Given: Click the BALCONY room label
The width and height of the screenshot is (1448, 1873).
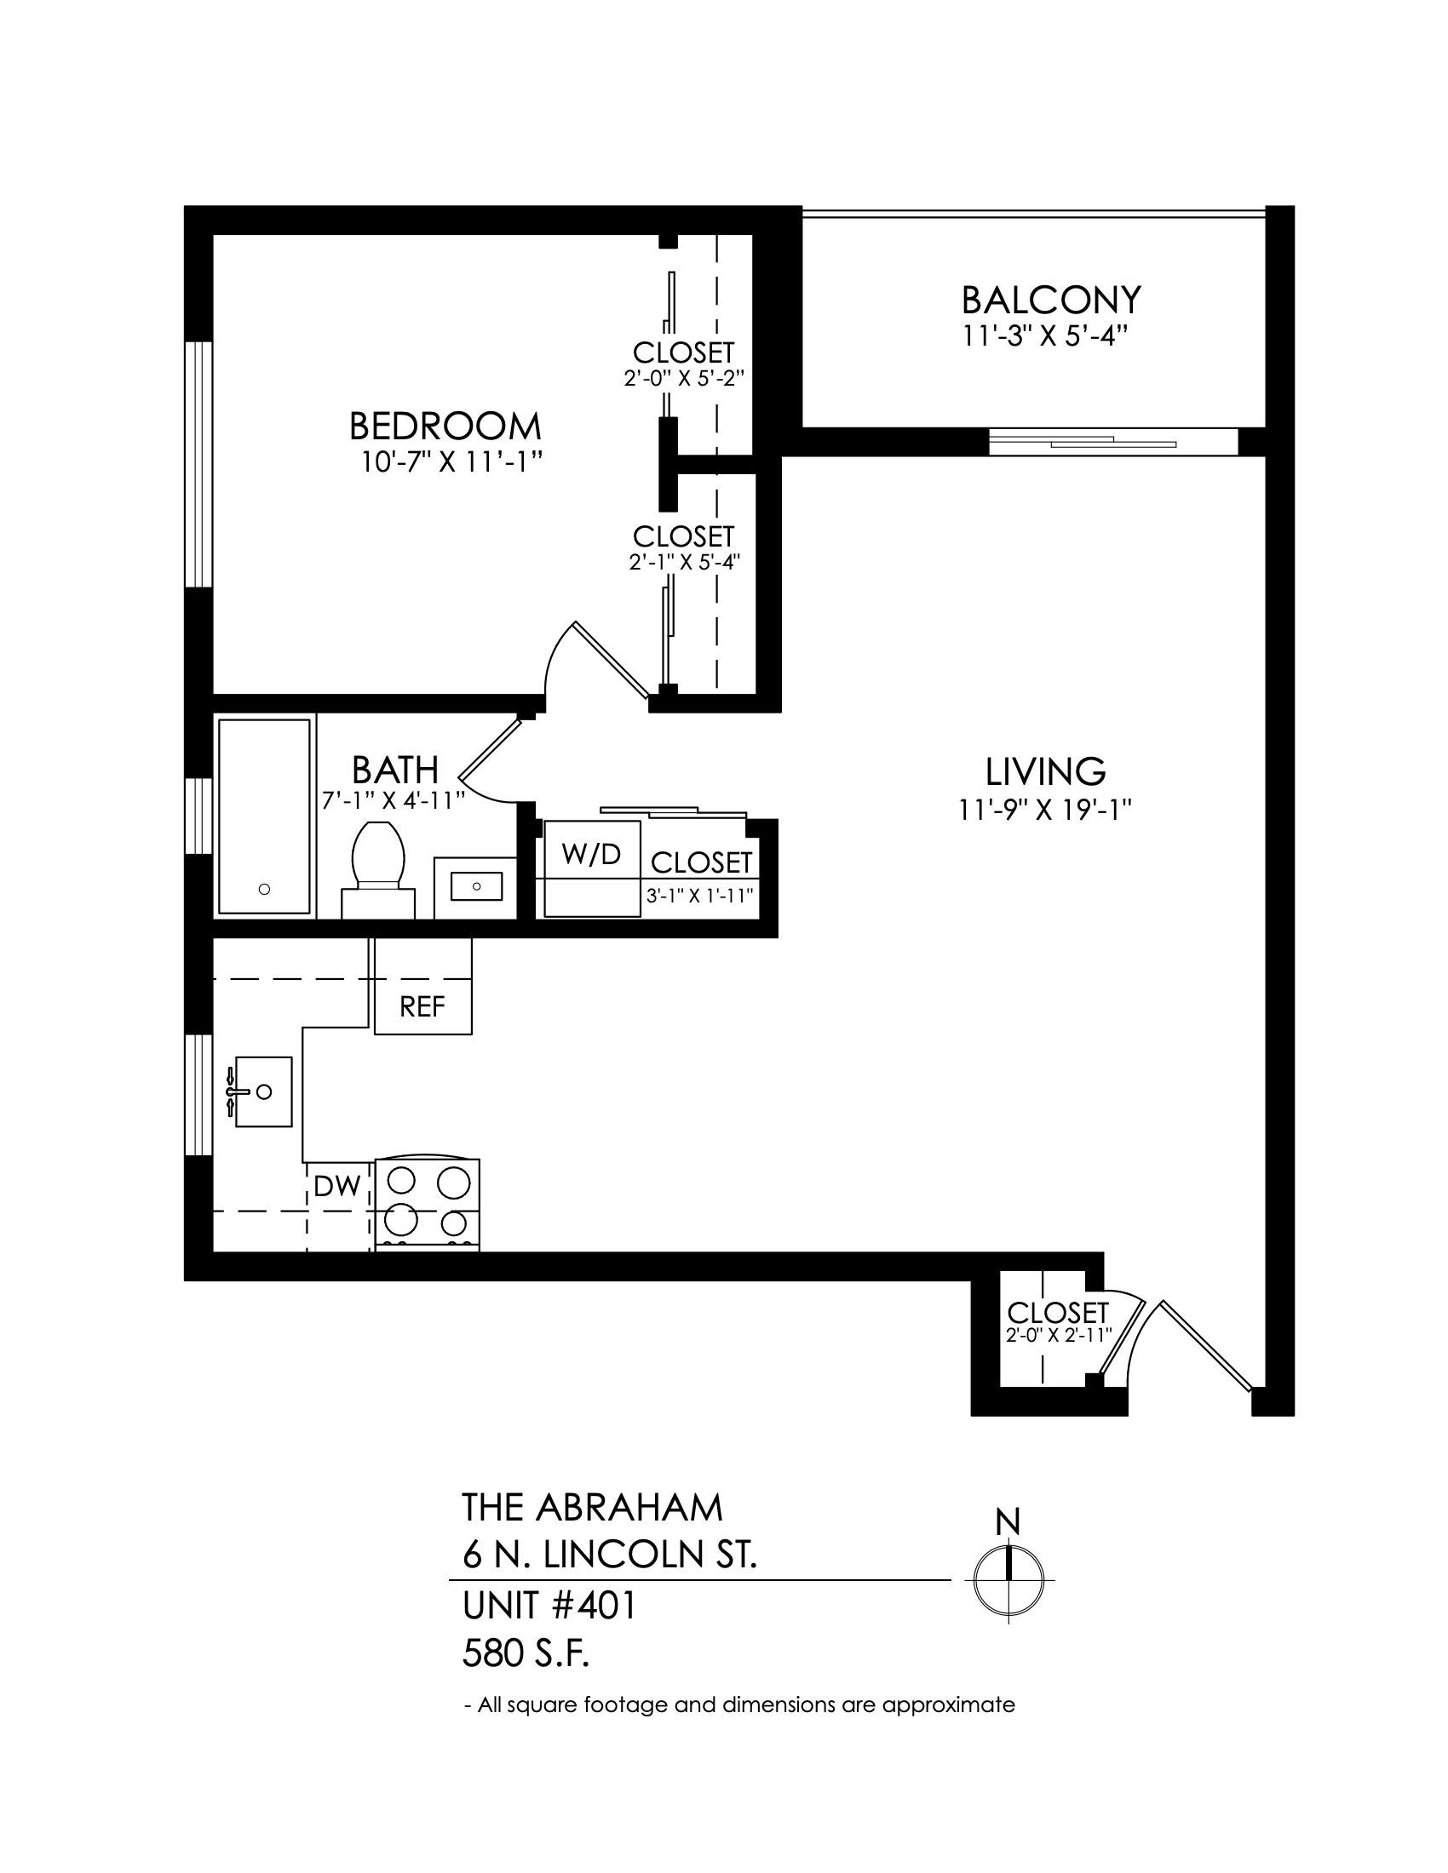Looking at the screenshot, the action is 1051,301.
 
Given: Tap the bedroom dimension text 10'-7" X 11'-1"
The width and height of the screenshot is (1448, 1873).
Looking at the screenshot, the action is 451,463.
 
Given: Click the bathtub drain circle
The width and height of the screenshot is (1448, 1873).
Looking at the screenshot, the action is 264,890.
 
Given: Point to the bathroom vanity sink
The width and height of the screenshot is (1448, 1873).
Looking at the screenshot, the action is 475,886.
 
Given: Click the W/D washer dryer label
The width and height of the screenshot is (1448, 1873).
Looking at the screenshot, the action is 591,854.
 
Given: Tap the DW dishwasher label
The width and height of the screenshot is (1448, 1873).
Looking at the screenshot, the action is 336,1186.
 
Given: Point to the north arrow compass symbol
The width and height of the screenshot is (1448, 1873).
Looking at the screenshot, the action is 1008,1579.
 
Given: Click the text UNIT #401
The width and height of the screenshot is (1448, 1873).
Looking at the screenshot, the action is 549,1607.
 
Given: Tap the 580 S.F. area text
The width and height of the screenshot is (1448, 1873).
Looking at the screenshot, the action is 526,1655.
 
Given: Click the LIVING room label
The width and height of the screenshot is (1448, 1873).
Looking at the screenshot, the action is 1045,772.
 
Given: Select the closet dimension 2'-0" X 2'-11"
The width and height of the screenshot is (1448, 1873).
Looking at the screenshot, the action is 1059,1335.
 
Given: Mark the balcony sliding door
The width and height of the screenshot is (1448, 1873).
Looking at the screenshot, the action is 1113,442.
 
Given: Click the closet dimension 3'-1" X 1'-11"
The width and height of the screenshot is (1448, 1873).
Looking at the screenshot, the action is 700,896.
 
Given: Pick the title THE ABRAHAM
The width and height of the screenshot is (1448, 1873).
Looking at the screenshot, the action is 592,1508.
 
